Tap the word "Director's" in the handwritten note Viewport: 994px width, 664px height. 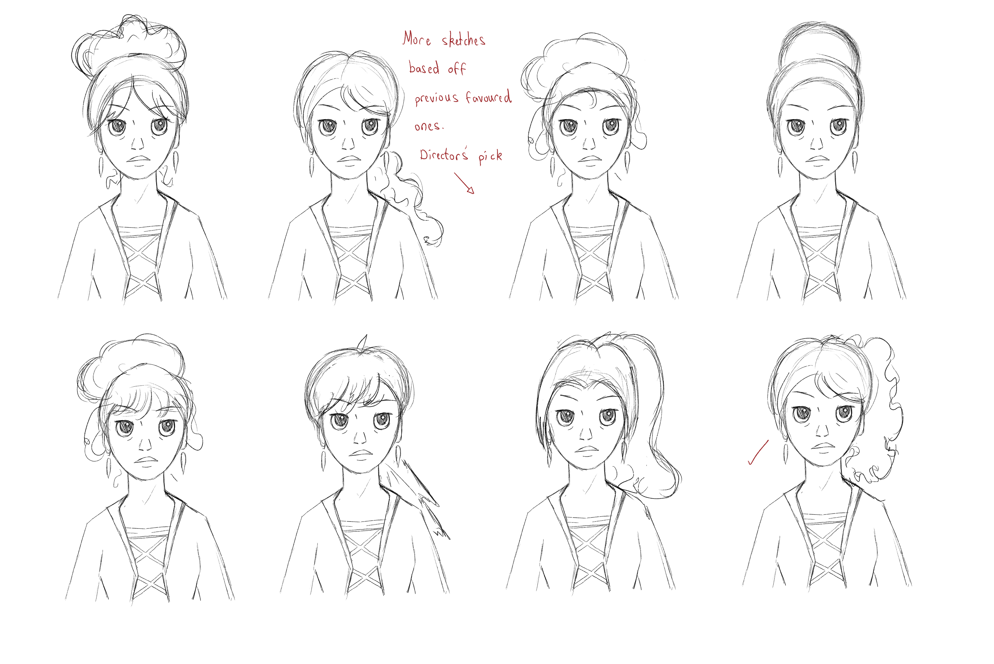click(x=444, y=155)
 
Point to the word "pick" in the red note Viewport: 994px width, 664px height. click(x=490, y=156)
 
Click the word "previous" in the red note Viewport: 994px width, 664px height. click(x=436, y=98)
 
